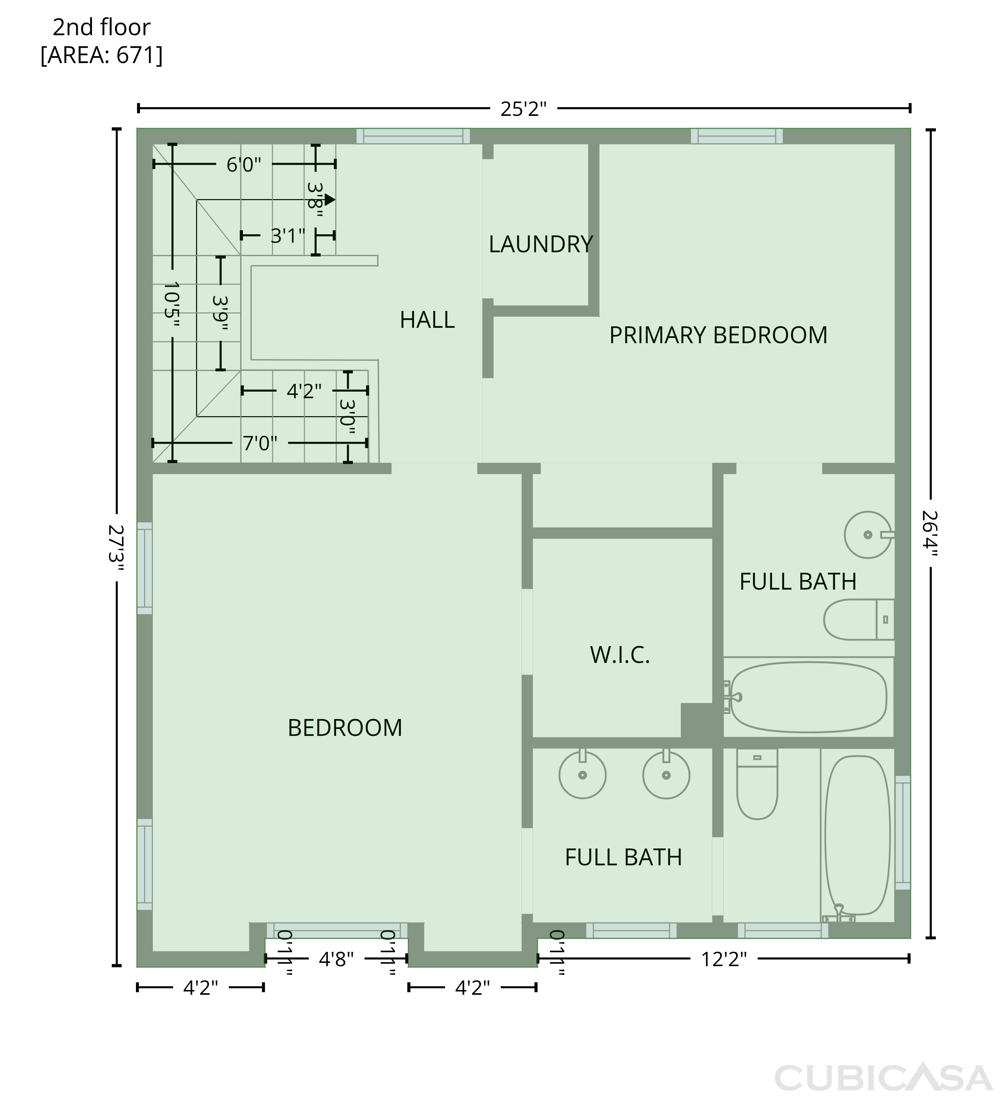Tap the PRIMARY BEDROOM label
[x=718, y=335]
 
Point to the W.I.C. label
[x=620, y=655]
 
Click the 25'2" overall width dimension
[x=524, y=109]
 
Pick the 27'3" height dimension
[x=116, y=548]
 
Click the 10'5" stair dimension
[x=172, y=303]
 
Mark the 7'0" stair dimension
[x=260, y=443]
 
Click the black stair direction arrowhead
[x=330, y=200]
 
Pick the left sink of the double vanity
[x=583, y=773]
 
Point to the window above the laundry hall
[x=413, y=136]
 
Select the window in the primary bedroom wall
[x=737, y=136]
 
